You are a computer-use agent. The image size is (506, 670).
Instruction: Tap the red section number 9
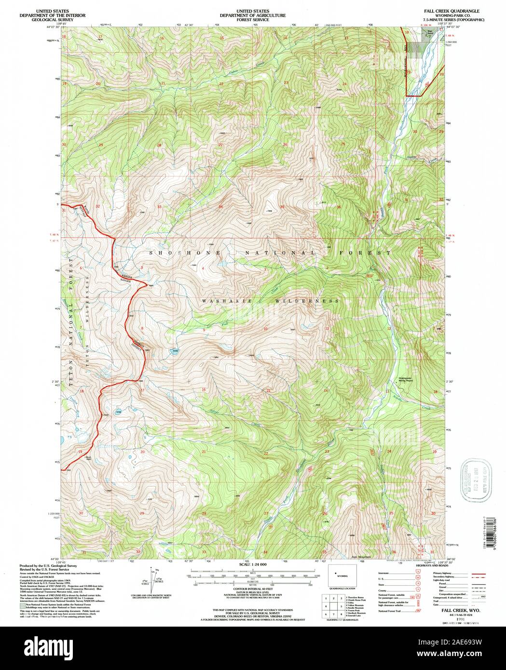[204, 330]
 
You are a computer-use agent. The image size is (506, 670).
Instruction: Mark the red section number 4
[203, 268]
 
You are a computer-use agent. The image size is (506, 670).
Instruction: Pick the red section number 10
[265, 329]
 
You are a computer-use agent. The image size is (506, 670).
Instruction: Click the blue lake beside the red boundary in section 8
[175, 351]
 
